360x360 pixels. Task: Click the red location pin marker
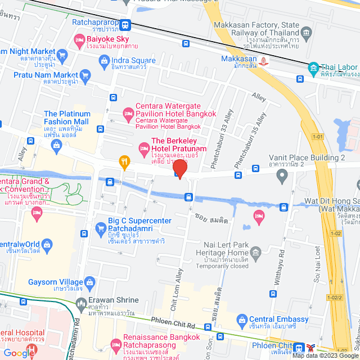pyautogui.click(x=179, y=168)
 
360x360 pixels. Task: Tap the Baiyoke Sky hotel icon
pyautogui.click(x=79, y=40)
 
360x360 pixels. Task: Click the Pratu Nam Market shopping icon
pyautogui.click(x=85, y=75)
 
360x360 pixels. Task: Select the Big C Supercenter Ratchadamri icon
pyautogui.click(x=101, y=227)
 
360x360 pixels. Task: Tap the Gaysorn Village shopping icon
pyautogui.click(x=89, y=282)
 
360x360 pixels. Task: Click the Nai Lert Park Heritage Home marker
pyautogui.click(x=256, y=251)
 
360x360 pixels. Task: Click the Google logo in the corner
pyautogui.click(x=18, y=353)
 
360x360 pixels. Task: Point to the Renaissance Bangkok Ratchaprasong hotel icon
pyautogui.click(x=116, y=343)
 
